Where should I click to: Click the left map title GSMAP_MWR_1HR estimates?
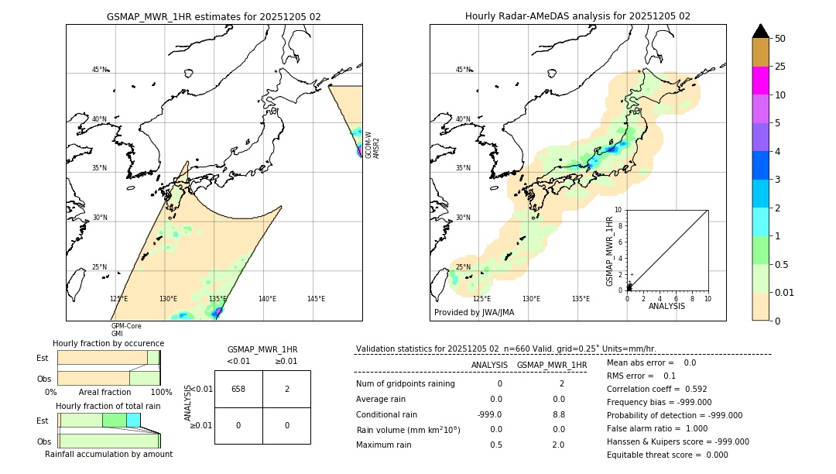214,16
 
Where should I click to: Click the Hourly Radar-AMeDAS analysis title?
577,16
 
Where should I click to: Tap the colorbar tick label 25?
780,67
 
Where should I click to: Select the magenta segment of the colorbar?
760,81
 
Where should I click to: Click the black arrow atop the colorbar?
760,31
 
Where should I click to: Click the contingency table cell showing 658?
238,389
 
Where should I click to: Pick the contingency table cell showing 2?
286,389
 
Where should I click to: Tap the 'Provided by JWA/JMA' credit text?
474,312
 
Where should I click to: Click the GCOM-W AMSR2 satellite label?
372,145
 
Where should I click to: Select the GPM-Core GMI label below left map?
126,330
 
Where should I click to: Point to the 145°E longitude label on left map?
316,299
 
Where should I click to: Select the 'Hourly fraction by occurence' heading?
108,343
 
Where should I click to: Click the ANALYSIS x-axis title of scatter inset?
666,306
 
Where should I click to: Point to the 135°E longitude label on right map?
581,299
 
